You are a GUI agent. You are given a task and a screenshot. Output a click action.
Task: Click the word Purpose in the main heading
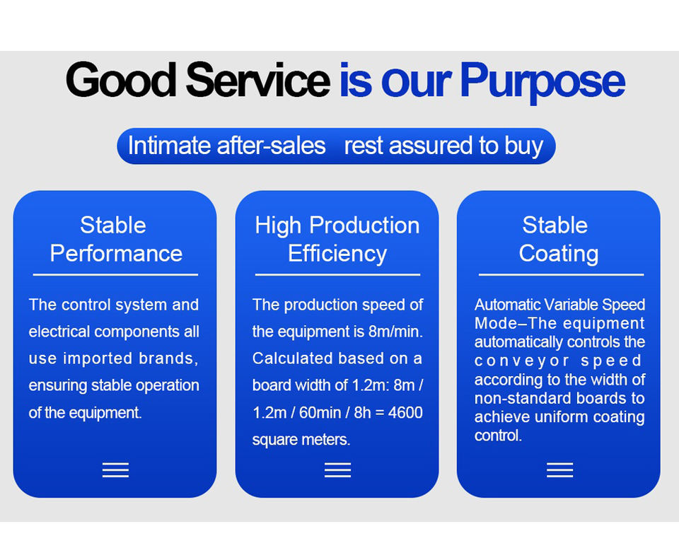[x=542, y=82]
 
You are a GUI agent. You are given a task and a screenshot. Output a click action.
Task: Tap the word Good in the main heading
[x=121, y=80]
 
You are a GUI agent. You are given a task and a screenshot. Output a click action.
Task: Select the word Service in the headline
[x=258, y=80]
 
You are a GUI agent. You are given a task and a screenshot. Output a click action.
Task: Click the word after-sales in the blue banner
[x=271, y=146]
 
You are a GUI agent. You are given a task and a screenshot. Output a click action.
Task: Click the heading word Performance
[x=116, y=253]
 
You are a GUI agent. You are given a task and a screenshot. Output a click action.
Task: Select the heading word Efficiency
[x=337, y=255]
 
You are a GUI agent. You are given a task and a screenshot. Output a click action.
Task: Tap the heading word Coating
[x=559, y=255]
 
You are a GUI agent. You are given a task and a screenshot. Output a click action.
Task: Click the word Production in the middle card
[x=364, y=225]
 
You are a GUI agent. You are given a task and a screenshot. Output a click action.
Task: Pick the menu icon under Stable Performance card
[x=115, y=469]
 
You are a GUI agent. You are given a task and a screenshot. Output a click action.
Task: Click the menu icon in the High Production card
[x=338, y=469]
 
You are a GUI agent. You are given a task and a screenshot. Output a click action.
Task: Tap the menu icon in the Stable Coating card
[x=560, y=469]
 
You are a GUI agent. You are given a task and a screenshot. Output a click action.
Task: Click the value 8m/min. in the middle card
[x=395, y=332]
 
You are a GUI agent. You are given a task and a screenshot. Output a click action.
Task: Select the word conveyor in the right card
[x=522, y=361]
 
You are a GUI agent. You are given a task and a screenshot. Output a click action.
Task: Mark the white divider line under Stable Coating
[x=561, y=274]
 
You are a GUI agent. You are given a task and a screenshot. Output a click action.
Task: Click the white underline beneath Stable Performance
[x=115, y=274]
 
